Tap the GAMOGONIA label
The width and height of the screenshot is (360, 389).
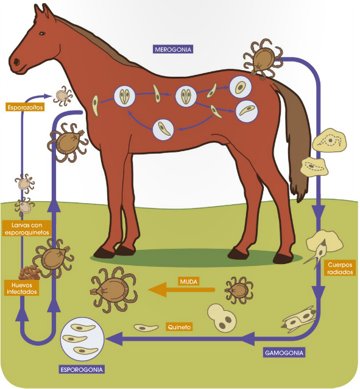[284, 352]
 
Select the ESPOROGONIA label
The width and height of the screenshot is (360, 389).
[82, 369]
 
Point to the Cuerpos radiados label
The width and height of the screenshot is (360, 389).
[340, 268]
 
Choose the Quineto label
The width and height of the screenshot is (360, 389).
[179, 327]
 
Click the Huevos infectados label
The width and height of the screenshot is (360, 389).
[21, 287]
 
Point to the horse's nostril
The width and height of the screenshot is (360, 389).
[15, 62]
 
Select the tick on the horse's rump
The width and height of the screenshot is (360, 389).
[263, 59]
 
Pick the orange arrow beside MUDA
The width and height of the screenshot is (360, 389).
[182, 290]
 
